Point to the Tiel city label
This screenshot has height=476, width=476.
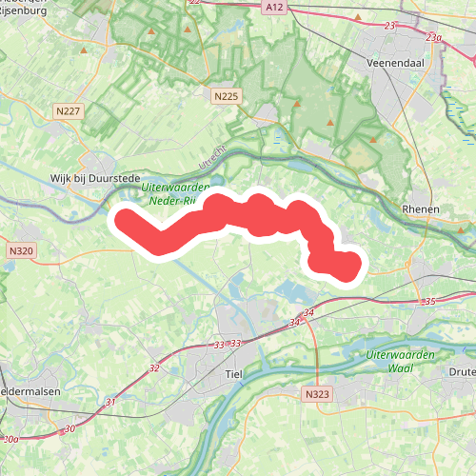(x=233, y=374)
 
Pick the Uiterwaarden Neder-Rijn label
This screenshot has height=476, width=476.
(x=168, y=195)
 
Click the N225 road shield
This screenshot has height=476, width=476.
(x=226, y=97)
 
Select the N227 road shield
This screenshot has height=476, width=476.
(x=69, y=112)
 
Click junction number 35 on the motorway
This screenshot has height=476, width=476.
(x=429, y=302)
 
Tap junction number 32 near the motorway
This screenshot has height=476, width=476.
(x=154, y=367)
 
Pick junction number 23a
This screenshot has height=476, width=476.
(x=434, y=37)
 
